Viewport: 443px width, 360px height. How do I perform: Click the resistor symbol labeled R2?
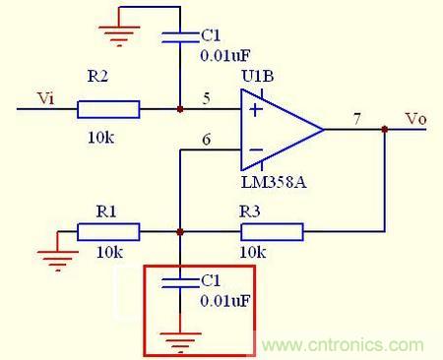coord(108,109)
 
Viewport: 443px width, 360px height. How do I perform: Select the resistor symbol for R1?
coord(108,232)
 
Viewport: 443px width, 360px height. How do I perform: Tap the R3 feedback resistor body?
coord(272,232)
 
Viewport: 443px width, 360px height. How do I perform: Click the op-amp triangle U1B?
coord(282,130)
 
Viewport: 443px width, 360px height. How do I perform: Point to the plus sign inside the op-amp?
coord(256,109)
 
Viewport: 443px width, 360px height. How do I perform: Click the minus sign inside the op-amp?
coord(256,150)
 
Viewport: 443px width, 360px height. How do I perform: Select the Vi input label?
coord(45,98)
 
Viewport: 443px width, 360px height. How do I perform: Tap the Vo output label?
coord(416,118)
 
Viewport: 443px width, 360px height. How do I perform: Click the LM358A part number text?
coord(274,182)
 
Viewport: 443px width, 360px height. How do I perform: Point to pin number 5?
coord(207,98)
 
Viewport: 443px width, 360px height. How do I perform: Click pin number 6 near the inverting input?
coord(207,140)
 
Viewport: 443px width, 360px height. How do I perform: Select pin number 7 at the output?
coord(357,119)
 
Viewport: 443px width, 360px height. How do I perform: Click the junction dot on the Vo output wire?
coord(385,130)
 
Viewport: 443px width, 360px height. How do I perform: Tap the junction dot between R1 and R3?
coord(180,232)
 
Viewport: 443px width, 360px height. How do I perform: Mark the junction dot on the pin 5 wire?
coord(180,109)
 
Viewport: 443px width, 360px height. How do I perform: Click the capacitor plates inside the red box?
coord(181,283)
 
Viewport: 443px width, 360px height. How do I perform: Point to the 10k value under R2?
coord(101,138)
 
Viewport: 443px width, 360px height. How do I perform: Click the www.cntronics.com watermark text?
coord(343,345)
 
